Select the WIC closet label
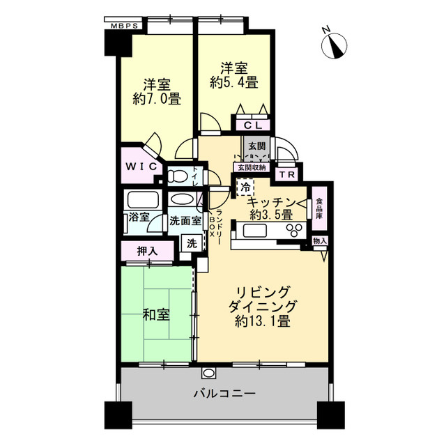139,167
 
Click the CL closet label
252,125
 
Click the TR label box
285,174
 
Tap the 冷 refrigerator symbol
245,187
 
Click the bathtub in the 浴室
144,200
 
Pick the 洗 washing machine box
190,243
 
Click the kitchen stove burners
293,229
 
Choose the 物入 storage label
320,241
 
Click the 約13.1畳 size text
263,322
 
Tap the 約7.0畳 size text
157,99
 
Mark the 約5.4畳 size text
234,82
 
